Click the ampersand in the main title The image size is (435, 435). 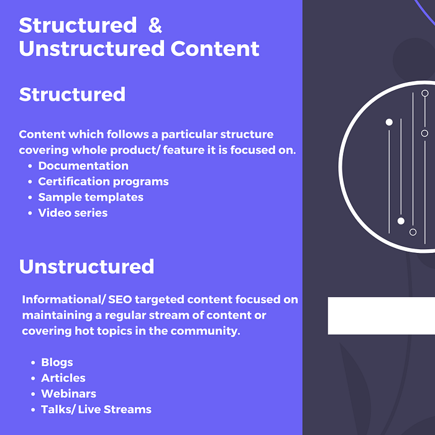[x=155, y=25]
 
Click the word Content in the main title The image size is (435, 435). [x=215, y=48]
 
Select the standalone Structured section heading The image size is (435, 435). [x=72, y=94]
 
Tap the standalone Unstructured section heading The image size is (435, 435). [x=86, y=267]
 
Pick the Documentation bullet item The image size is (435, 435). [x=83, y=166]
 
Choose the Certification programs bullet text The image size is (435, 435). [x=103, y=181]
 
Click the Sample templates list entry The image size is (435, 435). [x=91, y=197]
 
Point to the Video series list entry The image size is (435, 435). [x=73, y=213]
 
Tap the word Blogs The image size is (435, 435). [x=57, y=362]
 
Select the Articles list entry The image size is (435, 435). [x=63, y=378]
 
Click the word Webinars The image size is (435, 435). [x=68, y=393]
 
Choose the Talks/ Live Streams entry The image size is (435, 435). [x=96, y=410]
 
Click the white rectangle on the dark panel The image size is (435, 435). [x=381, y=316]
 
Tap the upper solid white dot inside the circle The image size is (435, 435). [x=389, y=122]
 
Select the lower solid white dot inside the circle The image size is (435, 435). [x=401, y=221]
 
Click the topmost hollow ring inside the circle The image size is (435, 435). [x=424, y=93]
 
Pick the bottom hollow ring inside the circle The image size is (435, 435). [x=413, y=232]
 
